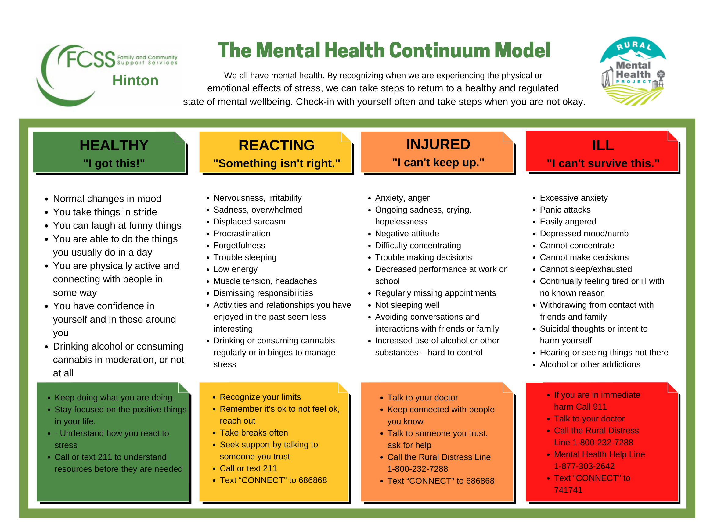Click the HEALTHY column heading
pyautogui.click(x=114, y=145)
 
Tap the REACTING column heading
pyautogui.click(x=276, y=145)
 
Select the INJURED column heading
pyautogui.click(x=438, y=144)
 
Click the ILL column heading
pyautogui.click(x=603, y=145)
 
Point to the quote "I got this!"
pyautogui.click(x=114, y=163)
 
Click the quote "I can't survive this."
pyautogui.click(x=603, y=163)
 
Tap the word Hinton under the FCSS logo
pyautogui.click(x=135, y=81)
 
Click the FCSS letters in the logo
pyautogui.click(x=91, y=59)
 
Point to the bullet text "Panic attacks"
pyautogui.click(x=565, y=210)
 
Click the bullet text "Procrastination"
pyautogui.click(x=242, y=234)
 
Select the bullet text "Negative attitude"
pyautogui.click(x=407, y=234)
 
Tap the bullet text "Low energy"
pyautogui.click(x=235, y=269)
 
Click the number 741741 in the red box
pyautogui.click(x=568, y=490)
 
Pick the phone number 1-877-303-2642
pyautogui.click(x=584, y=466)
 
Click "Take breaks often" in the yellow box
pyautogui.click(x=254, y=433)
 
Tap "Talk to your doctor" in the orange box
pyautogui.click(x=422, y=397)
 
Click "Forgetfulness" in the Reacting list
pyautogui.click(x=239, y=245)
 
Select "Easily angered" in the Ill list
pyautogui.click(x=568, y=221)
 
